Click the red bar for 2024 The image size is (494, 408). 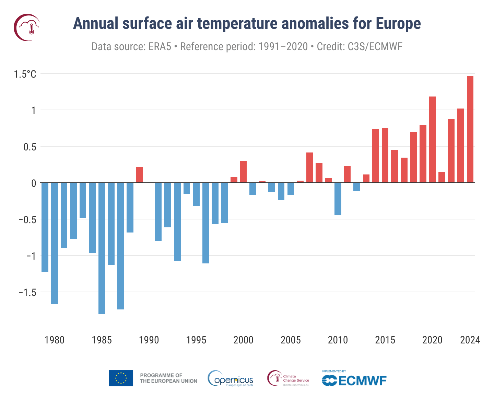pos(470,129)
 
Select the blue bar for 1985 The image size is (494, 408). pos(102,248)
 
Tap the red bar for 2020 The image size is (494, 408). pos(432,139)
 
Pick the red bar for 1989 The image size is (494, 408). pos(139,175)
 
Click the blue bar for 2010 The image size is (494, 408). pos(338,199)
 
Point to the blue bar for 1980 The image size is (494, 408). pos(55,243)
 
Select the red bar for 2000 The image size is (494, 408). pos(243,172)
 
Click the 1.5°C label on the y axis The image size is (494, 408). pos(25,74)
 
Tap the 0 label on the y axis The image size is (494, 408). pos(33,183)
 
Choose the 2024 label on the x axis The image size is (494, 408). pos(470,340)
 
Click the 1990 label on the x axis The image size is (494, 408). pos(149,340)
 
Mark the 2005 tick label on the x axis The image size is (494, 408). pos(291,340)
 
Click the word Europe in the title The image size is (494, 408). pos(398,23)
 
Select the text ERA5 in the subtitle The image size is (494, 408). pos(160,46)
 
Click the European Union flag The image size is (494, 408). pos(121,378)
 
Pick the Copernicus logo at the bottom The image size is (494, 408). pos(231,378)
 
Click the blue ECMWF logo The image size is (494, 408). pos(354,380)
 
